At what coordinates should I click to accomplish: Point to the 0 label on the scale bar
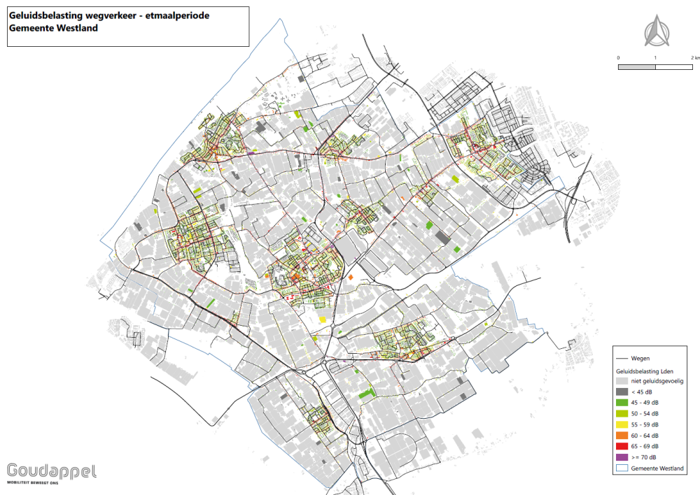click(618, 57)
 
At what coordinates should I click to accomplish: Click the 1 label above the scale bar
click(655, 57)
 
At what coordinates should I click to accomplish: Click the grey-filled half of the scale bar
click(636, 67)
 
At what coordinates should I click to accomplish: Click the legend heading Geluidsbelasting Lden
click(644, 370)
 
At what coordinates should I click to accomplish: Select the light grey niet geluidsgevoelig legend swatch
click(622, 381)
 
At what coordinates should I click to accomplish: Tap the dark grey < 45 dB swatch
click(622, 392)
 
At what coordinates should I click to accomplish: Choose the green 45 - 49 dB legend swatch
click(622, 403)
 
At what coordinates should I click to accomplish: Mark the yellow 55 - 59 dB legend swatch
click(622, 424)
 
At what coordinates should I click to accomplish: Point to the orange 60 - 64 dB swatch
click(622, 436)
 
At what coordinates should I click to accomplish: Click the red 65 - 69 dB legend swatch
click(622, 446)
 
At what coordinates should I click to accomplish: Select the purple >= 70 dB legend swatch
click(622, 457)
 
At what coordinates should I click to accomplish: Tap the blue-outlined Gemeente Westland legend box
click(622, 468)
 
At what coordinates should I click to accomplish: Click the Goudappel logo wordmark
click(52, 471)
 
